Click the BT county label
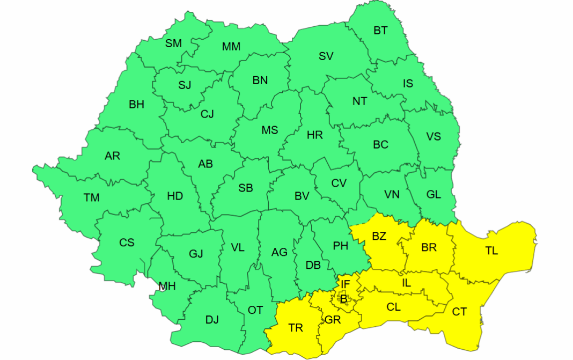(380, 31)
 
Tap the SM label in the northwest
(173, 43)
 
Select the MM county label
(231, 47)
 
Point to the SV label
(326, 56)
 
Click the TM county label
(92, 198)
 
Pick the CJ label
(207, 114)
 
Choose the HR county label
(315, 135)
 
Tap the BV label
(302, 196)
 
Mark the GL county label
(434, 195)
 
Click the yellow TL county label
(491, 251)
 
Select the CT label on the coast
(459, 312)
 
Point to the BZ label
(379, 237)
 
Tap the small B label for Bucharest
(343, 299)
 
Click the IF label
(345, 284)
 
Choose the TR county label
(296, 328)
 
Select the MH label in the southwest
(167, 286)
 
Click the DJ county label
(212, 320)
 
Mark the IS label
(408, 83)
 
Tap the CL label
(393, 307)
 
